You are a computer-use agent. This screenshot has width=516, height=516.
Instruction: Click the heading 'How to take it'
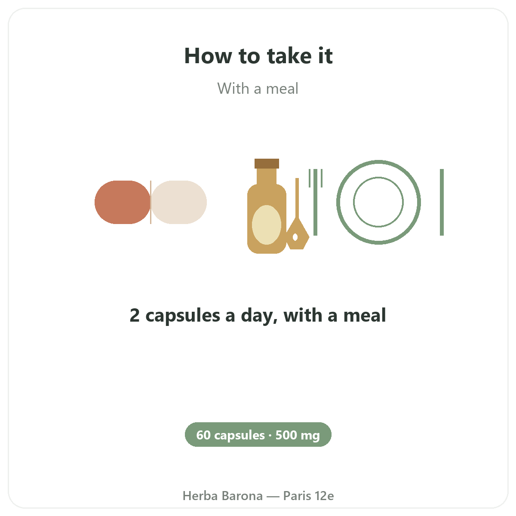[258, 56]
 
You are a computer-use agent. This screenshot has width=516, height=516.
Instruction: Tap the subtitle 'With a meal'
[258, 89]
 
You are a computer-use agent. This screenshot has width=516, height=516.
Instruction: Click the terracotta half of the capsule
[123, 202]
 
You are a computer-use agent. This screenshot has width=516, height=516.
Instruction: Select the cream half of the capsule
[179, 202]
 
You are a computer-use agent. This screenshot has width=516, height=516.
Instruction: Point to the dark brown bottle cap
[267, 163]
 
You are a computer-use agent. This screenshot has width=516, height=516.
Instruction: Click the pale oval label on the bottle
[267, 225]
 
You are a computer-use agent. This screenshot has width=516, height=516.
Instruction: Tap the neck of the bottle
[267, 176]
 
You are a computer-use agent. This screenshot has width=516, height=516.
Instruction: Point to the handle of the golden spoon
[297, 198]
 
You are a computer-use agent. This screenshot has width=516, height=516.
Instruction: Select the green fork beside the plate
[316, 202]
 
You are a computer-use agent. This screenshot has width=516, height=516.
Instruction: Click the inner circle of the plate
[378, 177]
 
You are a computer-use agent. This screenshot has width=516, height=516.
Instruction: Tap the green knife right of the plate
[442, 202]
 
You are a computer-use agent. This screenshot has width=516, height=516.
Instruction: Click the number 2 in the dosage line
[135, 315]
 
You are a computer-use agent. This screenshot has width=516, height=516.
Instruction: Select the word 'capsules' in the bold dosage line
[183, 316]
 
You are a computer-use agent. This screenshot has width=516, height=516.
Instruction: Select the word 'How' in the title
[208, 56]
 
